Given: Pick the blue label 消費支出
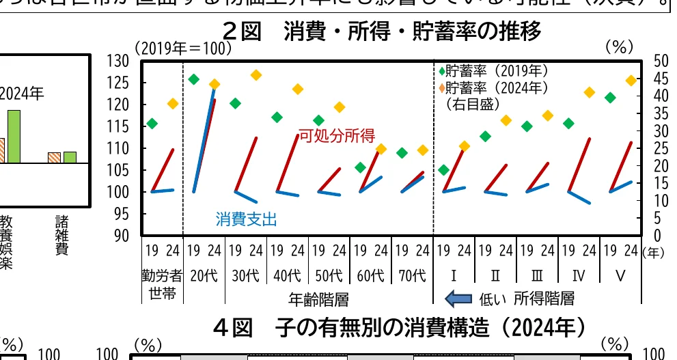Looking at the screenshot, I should [x=247, y=219].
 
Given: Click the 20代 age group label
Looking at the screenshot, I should [x=204, y=276].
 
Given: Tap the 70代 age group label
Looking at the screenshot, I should [x=412, y=276].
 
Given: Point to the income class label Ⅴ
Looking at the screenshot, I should [x=620, y=276].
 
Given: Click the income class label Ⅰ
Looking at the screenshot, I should [x=454, y=276].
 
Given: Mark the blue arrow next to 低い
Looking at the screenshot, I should [x=458, y=299].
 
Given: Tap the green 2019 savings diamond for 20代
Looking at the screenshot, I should [x=194, y=79].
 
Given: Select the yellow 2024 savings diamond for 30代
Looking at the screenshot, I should [x=256, y=75].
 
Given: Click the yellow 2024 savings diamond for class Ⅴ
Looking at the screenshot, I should [x=631, y=81].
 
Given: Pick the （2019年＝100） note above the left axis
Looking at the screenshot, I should [x=183, y=49].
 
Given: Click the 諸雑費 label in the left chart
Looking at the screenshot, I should [x=62, y=235].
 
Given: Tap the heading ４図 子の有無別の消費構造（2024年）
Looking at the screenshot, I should [x=399, y=329].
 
